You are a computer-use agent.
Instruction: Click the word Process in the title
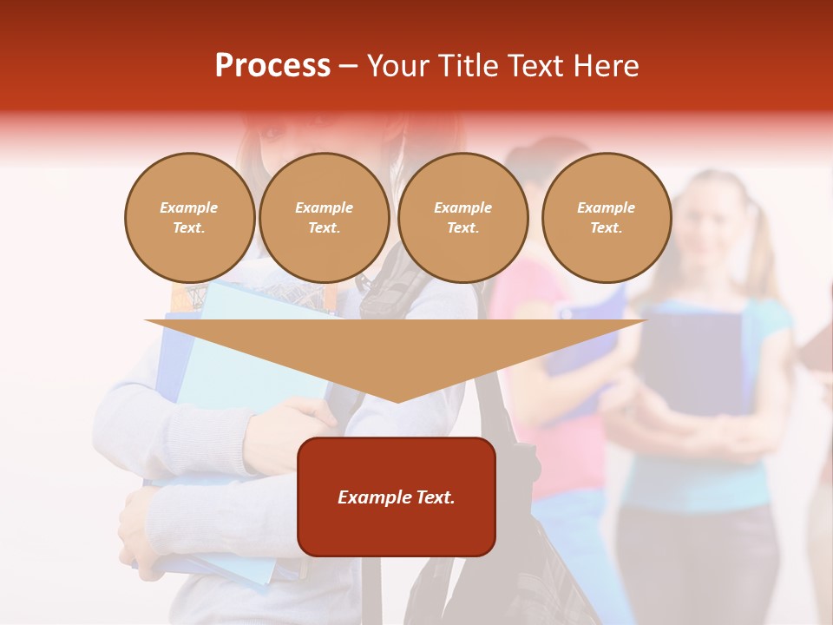(x=272, y=66)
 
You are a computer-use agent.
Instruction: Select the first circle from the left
(x=190, y=218)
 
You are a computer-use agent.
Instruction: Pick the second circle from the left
(x=325, y=218)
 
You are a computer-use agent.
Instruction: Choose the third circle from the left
(x=462, y=218)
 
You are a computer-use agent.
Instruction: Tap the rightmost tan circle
(x=607, y=218)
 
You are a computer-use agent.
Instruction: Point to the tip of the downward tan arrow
(x=397, y=400)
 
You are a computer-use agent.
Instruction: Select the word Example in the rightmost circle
(x=606, y=207)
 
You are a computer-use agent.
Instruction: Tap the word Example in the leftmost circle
(x=189, y=207)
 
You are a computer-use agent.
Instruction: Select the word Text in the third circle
(x=462, y=228)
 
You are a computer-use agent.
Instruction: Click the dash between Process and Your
(x=348, y=67)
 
